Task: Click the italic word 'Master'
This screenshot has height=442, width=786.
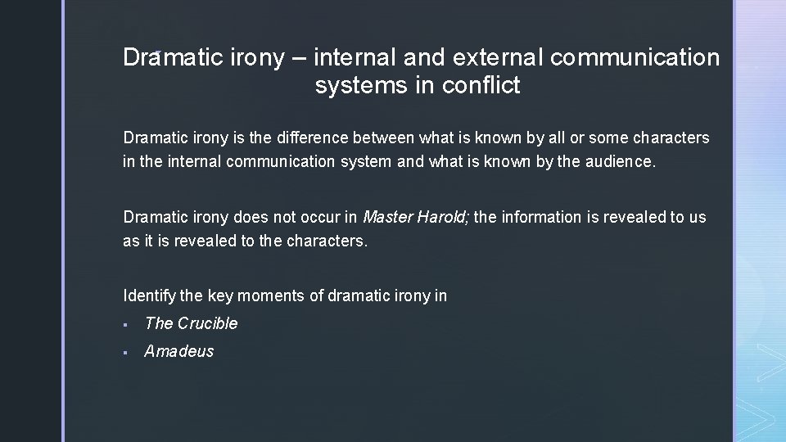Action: [388, 217]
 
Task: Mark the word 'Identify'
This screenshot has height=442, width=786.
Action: [147, 295]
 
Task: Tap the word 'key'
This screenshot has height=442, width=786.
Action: [220, 295]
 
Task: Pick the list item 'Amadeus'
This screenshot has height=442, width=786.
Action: [179, 351]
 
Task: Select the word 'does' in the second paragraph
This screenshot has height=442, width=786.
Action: [251, 217]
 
